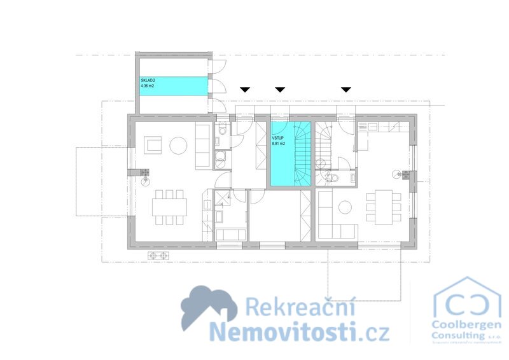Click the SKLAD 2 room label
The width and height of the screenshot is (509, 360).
[x=148, y=80]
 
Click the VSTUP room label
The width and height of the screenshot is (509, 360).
[x=277, y=137]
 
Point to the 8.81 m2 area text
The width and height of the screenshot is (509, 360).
[x=279, y=144]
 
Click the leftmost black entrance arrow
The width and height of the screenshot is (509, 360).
[x=245, y=90]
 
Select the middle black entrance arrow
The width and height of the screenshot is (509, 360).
[x=279, y=90]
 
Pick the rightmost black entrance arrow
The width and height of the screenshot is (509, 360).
[x=346, y=90]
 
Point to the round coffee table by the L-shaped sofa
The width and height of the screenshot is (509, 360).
[x=345, y=207]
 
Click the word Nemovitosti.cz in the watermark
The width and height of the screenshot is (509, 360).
[x=299, y=331]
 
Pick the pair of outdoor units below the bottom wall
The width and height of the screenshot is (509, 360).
[x=159, y=256]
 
